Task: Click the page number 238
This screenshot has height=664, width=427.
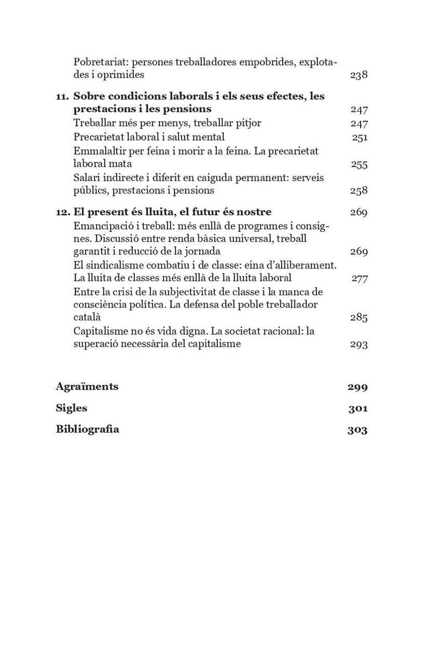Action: pyautogui.click(x=358, y=75)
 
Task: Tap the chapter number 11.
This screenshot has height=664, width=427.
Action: pyautogui.click(x=62, y=96)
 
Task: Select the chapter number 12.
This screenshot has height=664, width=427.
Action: pyautogui.click(x=62, y=212)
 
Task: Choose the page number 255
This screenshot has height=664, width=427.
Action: pyautogui.click(x=359, y=164)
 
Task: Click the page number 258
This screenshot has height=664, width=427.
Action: pyautogui.click(x=359, y=191)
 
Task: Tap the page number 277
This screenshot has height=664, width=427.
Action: pyautogui.click(x=360, y=278)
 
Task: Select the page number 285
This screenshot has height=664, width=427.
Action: pyautogui.click(x=359, y=318)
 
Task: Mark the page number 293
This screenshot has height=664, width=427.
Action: pyautogui.click(x=359, y=344)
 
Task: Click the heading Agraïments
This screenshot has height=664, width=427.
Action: pyautogui.click(x=87, y=386)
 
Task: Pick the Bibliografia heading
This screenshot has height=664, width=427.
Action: pyautogui.click(x=87, y=429)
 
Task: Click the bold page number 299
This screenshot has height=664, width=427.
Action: pyautogui.click(x=357, y=387)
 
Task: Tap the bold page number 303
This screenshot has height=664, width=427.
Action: pyautogui.click(x=357, y=430)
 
